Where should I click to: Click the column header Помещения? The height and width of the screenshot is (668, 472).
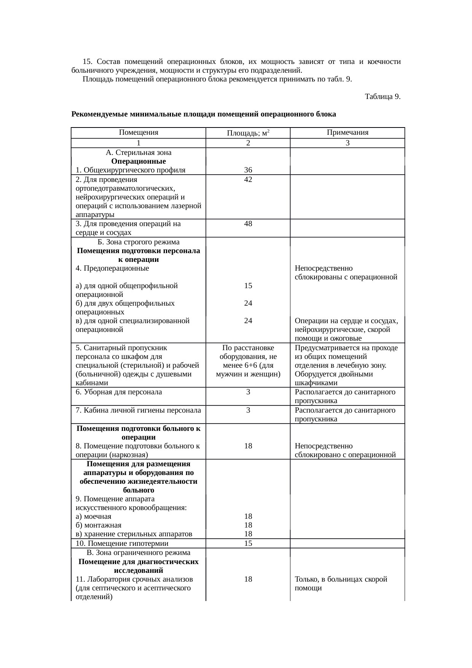pos(138,132)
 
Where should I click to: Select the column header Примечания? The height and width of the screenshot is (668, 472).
pos(347,132)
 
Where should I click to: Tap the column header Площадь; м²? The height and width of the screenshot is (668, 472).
pos(248,133)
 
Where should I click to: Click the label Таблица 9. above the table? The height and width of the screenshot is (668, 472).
pos(382,96)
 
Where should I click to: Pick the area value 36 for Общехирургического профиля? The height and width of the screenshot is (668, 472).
pos(248,170)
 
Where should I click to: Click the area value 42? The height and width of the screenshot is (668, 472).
pos(248,179)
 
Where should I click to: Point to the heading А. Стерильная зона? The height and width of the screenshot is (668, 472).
pos(139,152)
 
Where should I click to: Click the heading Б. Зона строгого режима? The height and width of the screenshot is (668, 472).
pos(139,242)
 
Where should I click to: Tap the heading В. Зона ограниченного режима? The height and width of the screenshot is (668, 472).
pos(139,552)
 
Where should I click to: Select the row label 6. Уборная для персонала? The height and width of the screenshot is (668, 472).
pos(119,392)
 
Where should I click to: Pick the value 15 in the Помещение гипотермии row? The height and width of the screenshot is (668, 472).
pos(248,543)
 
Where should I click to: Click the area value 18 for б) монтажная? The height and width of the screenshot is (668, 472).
pos(248,525)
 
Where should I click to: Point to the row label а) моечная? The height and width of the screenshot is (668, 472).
pos(94,517)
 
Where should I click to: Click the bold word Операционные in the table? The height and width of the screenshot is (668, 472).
pos(139,161)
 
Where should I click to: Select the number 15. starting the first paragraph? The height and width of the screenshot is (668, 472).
pos(88,62)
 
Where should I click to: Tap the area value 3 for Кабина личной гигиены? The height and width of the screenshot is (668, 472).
pos(248,410)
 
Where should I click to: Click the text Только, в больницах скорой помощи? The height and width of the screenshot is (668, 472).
pos(341,584)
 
